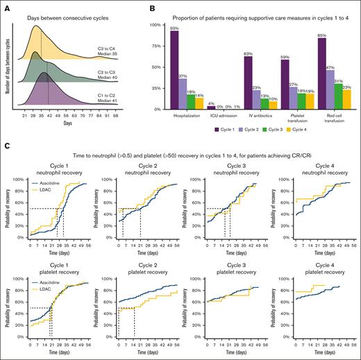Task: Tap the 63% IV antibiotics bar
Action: tap(248, 83)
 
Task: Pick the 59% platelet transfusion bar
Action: tap(285, 85)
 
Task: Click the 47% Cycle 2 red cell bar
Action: tap(332, 89)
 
